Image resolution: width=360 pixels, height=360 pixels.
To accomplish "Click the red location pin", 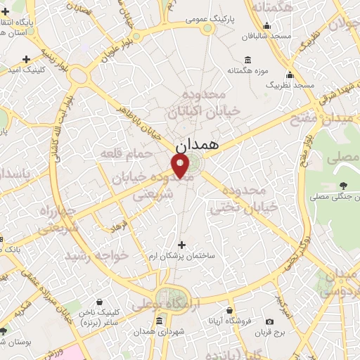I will (x=181, y=166).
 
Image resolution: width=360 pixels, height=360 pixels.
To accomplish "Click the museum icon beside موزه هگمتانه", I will (x=248, y=59).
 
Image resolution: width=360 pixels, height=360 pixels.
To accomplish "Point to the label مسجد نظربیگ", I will (x=290, y=84).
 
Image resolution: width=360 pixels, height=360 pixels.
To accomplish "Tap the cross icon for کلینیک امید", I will (x=26, y=59).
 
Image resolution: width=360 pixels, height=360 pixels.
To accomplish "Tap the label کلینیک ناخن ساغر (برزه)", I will (x=118, y=316).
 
